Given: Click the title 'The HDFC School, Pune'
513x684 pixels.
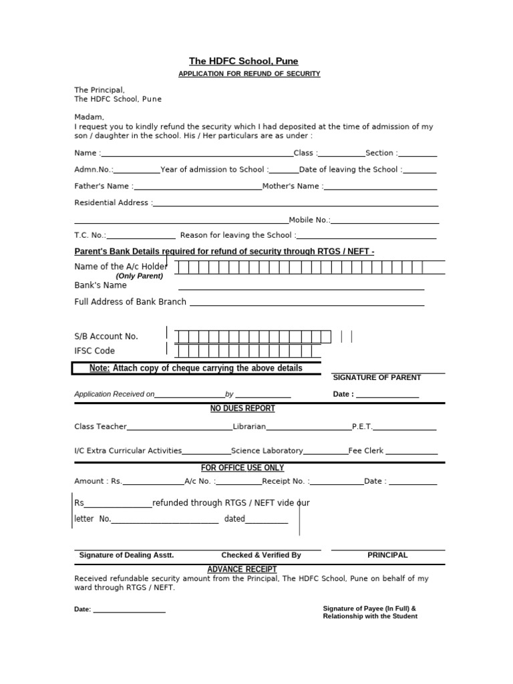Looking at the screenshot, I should pyautogui.click(x=243, y=61).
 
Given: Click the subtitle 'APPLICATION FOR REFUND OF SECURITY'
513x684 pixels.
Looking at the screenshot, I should pyautogui.click(x=249, y=73).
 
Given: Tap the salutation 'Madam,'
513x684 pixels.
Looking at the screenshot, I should pyautogui.click(x=90, y=116).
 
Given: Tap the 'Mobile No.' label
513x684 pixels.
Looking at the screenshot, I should pyautogui.click(x=309, y=220).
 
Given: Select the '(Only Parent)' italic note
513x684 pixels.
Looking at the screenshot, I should pyautogui.click(x=139, y=276).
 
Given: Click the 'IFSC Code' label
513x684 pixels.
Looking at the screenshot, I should pyautogui.click(x=94, y=351).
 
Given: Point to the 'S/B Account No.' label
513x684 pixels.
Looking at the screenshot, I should pyautogui.click(x=106, y=336).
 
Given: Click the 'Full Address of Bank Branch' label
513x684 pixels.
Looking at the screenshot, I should pyautogui.click(x=130, y=302).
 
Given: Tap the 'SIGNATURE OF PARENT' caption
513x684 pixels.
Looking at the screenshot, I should pyautogui.click(x=377, y=377).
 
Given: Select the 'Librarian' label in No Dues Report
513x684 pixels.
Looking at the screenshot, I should pyautogui.click(x=249, y=426).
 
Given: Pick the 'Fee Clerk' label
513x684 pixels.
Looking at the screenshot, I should pyautogui.click(x=365, y=451).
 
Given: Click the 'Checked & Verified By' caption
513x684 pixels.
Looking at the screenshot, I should pyautogui.click(x=261, y=555).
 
